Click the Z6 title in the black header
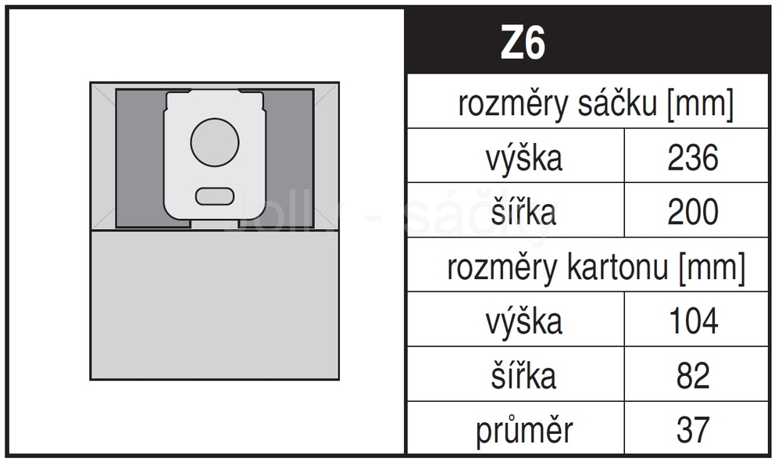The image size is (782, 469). [523, 42]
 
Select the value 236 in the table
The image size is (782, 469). [693, 158]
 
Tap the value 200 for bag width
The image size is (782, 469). [693, 212]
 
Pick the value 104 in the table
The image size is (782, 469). [693, 320]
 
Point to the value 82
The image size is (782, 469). [693, 375]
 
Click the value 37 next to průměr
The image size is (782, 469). [693, 430]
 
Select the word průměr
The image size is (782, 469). [523, 430]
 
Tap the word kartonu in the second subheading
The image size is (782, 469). [617, 267]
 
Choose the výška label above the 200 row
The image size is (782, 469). [523, 159]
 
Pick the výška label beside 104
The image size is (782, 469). [523, 322]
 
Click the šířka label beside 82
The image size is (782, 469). [523, 374]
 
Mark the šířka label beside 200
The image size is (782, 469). [523, 211]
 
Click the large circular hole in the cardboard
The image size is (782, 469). [215, 143]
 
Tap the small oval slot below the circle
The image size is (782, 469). [215, 196]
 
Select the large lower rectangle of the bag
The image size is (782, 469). [215, 304]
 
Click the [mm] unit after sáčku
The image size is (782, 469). [700, 104]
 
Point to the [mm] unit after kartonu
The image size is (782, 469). [712, 268]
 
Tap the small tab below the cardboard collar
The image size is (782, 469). [215, 224]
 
